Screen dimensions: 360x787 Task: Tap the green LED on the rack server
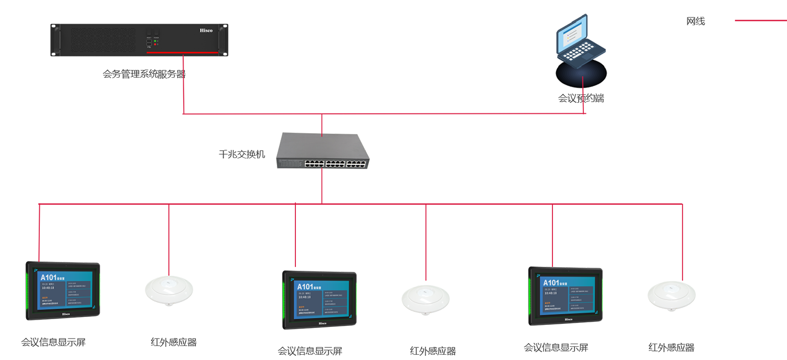coord(156,40)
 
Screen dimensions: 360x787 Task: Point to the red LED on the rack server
coord(156,45)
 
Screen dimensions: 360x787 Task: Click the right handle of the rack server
coord(224,39)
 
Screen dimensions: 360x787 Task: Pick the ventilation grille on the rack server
coord(103,40)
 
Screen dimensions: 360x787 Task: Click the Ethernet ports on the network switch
coord(321,163)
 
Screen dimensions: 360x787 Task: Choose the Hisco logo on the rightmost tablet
coord(568,319)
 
